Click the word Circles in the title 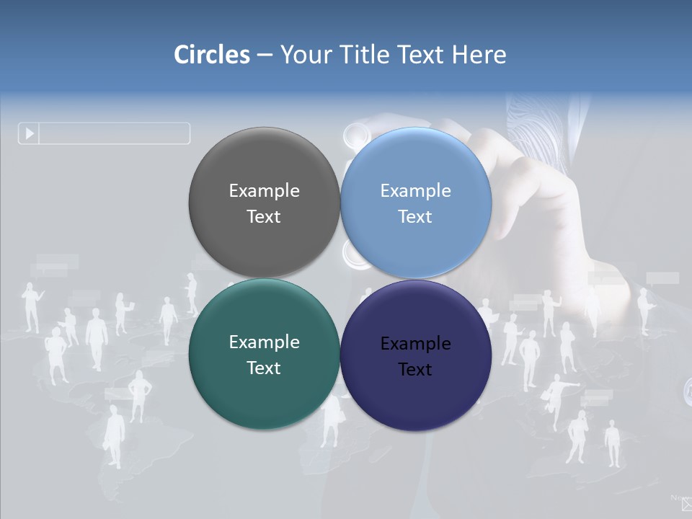click(x=212, y=54)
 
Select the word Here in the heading click(x=479, y=54)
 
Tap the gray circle click(x=264, y=166)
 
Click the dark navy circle click(x=416, y=400)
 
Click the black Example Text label click(x=415, y=356)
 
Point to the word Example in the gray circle click(x=264, y=190)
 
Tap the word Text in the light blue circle click(x=415, y=216)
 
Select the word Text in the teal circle click(x=264, y=368)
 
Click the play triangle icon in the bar click(x=30, y=133)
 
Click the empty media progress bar click(x=114, y=133)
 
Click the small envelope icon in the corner click(x=686, y=505)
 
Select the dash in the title click(x=265, y=55)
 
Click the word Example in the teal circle click(x=264, y=342)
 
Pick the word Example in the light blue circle click(x=415, y=190)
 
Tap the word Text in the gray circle click(x=264, y=216)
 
